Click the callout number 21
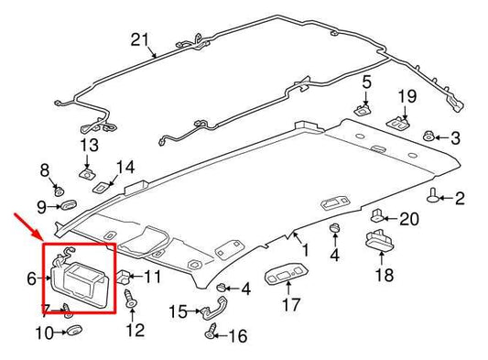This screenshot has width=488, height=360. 139,38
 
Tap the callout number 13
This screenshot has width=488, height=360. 89,146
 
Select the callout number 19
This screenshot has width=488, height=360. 406,95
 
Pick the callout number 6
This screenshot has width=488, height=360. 31,276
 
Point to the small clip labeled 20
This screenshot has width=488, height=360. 377,216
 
